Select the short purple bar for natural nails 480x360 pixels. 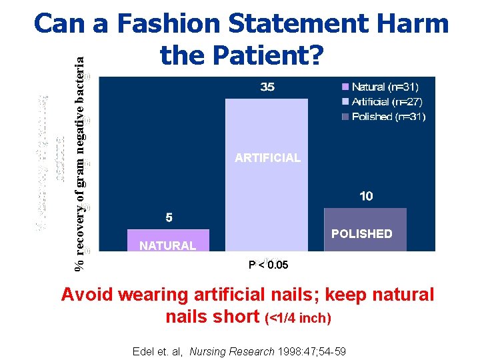coord(168,241)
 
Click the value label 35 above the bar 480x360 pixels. coord(267,87)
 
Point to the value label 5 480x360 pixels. coord(169,217)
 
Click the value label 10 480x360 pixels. coord(366,196)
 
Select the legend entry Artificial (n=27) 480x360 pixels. coord(387,101)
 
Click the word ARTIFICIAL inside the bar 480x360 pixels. coord(267,158)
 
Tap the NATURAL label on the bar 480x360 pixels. coord(168,245)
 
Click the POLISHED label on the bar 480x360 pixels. coord(362,233)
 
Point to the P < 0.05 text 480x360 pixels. coord(268,265)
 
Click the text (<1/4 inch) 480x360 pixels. coord(298,318)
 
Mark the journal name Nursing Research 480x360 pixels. coord(223,351)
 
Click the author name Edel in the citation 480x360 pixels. coord(144,351)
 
